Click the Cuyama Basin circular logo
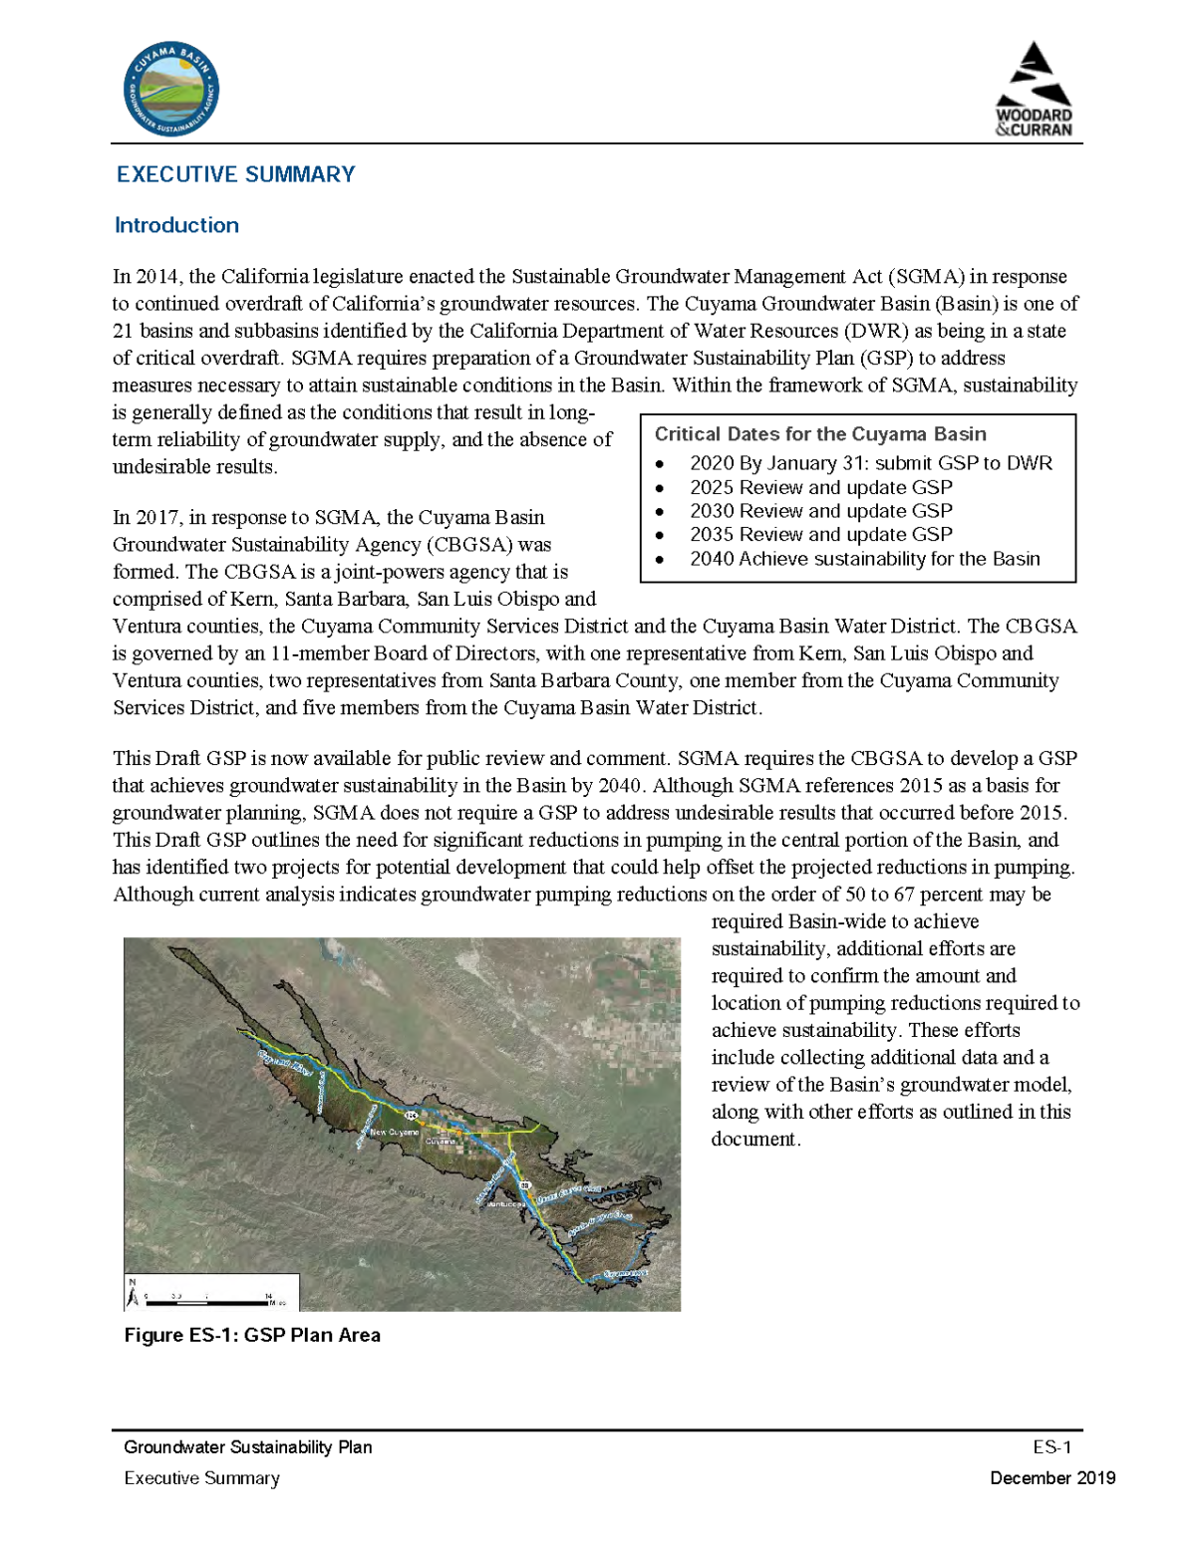point(170,91)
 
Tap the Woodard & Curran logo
point(1034,90)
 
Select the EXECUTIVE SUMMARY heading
point(235,174)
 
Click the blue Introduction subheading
point(176,225)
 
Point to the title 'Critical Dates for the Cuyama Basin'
point(819,434)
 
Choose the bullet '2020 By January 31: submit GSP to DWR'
point(870,463)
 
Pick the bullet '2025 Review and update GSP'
point(820,487)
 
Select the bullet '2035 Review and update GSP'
point(820,535)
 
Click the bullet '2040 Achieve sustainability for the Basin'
point(864,559)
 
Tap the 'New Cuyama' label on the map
point(394,1133)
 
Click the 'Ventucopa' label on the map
point(505,1204)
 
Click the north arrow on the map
point(133,1294)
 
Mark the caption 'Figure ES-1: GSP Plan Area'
point(252,1335)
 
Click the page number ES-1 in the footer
point(1051,1447)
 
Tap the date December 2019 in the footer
point(1051,1478)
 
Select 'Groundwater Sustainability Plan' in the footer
point(247,1447)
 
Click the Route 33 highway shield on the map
point(524,1185)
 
